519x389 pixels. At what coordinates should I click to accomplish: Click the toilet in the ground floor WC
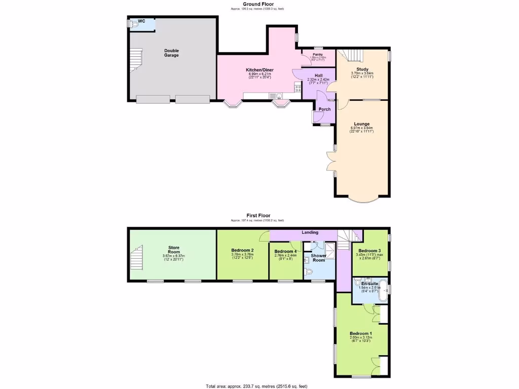click(133, 23)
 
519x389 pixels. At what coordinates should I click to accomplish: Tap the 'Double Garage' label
click(171, 53)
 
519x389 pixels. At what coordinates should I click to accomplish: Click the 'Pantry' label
click(318, 54)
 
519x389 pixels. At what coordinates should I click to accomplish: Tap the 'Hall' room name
click(318, 75)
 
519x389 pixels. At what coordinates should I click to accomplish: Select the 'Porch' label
click(324, 109)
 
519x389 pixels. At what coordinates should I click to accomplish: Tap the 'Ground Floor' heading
click(258, 4)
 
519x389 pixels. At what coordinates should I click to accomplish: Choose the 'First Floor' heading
click(258, 216)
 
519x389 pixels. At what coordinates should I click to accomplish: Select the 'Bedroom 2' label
click(242, 250)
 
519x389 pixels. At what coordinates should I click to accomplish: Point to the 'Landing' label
click(310, 232)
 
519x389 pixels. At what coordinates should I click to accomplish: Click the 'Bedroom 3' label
click(369, 251)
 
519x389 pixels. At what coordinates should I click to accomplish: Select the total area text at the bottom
click(256, 386)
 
